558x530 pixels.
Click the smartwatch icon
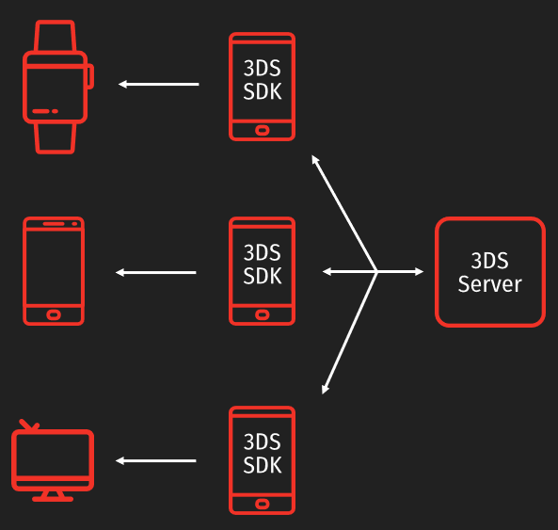coord(56,87)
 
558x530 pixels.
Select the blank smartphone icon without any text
coord(54,271)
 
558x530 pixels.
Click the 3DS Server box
coord(489,272)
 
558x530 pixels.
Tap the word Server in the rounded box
coord(489,283)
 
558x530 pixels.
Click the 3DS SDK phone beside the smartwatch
coord(262,87)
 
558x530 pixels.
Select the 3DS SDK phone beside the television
coord(262,460)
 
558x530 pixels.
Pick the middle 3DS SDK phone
coord(262,271)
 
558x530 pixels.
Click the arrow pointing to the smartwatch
coord(158,85)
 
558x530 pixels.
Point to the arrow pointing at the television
coord(156,461)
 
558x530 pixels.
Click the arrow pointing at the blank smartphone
coord(156,273)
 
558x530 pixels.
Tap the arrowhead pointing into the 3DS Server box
coord(418,272)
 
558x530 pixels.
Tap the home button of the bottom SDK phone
coord(262,503)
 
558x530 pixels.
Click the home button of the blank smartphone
coord(54,313)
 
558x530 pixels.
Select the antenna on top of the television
coord(29,426)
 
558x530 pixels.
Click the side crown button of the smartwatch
coord(89,76)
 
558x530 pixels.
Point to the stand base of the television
coord(53,498)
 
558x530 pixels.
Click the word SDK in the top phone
coord(262,91)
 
